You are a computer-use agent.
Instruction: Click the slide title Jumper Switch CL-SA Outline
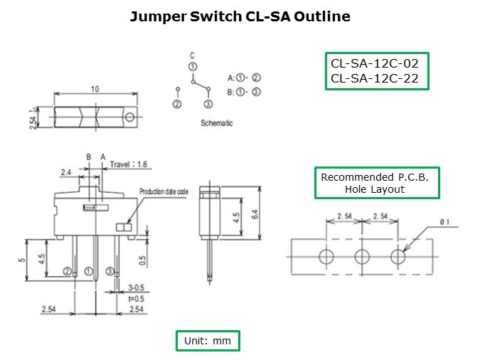[x=240, y=16]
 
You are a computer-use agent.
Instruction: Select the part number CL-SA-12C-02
[x=377, y=63]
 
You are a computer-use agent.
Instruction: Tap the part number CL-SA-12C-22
[x=377, y=78]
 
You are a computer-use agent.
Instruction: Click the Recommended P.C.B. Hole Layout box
[x=377, y=183]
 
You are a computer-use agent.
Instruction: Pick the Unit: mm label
[x=208, y=341]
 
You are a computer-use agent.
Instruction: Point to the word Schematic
[x=217, y=123]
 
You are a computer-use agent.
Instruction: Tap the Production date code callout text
[x=164, y=191]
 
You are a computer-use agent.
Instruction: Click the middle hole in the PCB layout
[x=363, y=255]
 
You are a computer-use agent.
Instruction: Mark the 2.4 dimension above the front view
[x=65, y=171]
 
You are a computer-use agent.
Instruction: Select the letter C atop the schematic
[x=192, y=55]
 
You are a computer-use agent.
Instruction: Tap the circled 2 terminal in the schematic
[x=177, y=104]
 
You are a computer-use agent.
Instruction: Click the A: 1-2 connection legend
[x=244, y=77]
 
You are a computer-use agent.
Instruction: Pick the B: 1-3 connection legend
[x=244, y=91]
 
